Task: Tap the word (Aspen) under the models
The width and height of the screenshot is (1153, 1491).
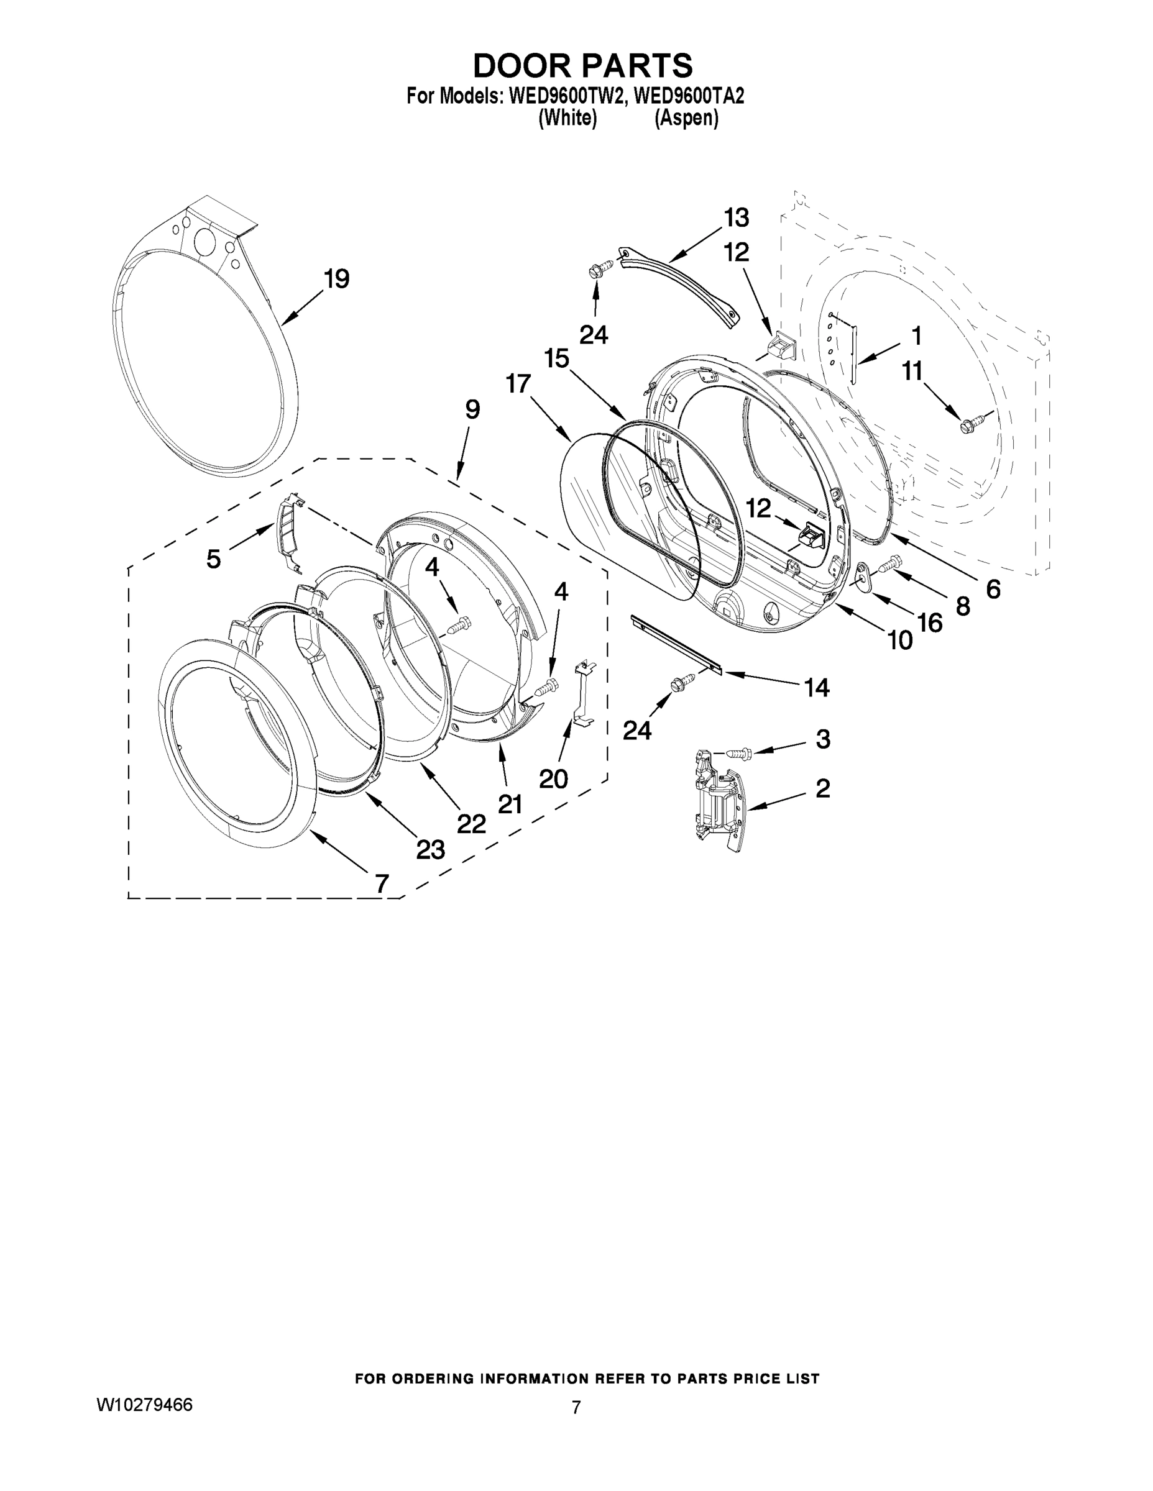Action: coord(686,118)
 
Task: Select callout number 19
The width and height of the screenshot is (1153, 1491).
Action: coord(336,278)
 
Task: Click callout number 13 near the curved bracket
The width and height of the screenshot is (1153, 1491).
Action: coord(737,218)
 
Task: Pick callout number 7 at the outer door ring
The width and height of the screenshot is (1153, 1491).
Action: coord(382,883)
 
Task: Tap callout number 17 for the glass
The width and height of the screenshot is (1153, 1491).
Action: coord(518,384)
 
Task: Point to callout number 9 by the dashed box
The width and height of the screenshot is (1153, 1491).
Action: coord(472,409)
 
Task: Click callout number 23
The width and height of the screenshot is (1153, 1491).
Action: coord(430,849)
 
